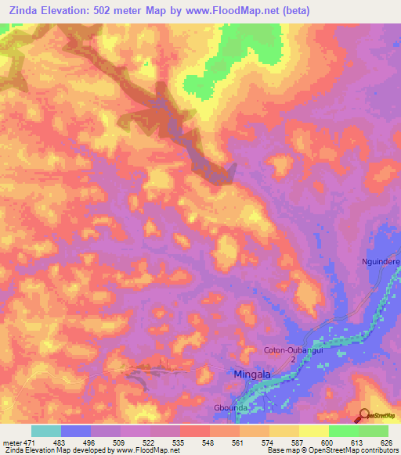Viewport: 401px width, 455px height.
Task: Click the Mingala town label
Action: coord(252,374)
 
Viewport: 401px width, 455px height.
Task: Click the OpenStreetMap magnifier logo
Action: coord(365,415)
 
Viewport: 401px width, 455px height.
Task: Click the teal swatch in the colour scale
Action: coord(46,431)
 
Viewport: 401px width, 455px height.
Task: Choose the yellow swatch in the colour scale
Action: coord(313,431)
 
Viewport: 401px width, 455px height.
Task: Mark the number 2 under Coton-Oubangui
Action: coord(293,360)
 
